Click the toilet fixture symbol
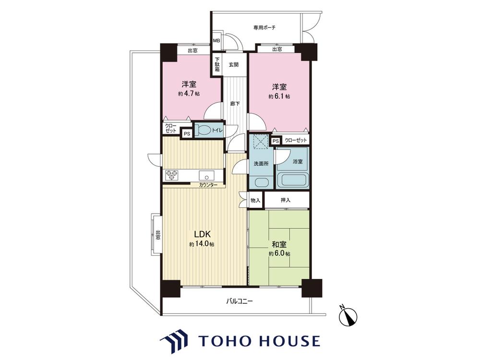click(x=204, y=131)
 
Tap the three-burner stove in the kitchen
click(x=171, y=175)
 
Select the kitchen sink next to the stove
click(x=207, y=176)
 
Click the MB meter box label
click(x=216, y=40)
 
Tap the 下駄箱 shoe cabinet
click(x=217, y=65)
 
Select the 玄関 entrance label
click(x=234, y=65)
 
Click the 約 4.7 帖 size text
click(x=189, y=94)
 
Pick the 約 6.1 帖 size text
click(x=279, y=96)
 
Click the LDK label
click(x=202, y=235)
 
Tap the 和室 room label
click(x=279, y=245)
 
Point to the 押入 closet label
click(x=285, y=200)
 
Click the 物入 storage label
click(x=255, y=200)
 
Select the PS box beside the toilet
click(x=186, y=134)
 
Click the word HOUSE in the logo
click(x=289, y=341)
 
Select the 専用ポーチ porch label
click(x=264, y=27)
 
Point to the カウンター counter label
click(x=208, y=185)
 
